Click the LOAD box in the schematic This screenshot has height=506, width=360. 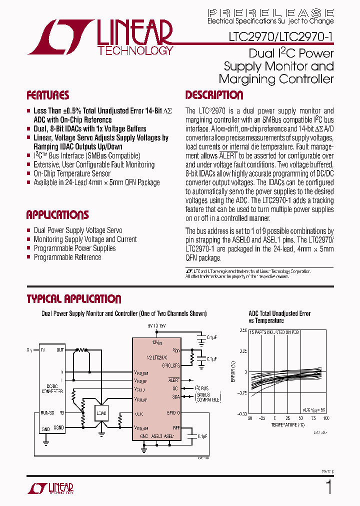pyautogui.click(x=101, y=413)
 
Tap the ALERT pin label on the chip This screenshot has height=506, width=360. pyautogui.click(x=174, y=380)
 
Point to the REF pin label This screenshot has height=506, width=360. pyautogui.click(x=176, y=427)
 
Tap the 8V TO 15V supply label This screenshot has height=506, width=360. pyautogui.click(x=156, y=325)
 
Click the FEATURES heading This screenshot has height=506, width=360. pyautogui.click(x=47, y=95)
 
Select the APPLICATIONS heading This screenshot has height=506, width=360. pyautogui.click(x=57, y=215)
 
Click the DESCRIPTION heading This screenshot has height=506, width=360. pyautogui.click(x=214, y=95)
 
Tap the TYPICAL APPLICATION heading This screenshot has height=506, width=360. pyautogui.click(x=74, y=299)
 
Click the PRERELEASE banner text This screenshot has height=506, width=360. pyautogui.click(x=270, y=12)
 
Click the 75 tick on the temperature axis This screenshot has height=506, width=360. pyautogui.click(x=314, y=418)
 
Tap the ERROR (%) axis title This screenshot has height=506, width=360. pyautogui.click(x=233, y=372)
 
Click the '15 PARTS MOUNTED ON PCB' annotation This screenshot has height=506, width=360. pyautogui.click(x=274, y=332)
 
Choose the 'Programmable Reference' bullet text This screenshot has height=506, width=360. pyautogui.click(x=67, y=257)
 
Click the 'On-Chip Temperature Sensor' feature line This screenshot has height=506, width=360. pyautogui.click(x=72, y=173)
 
